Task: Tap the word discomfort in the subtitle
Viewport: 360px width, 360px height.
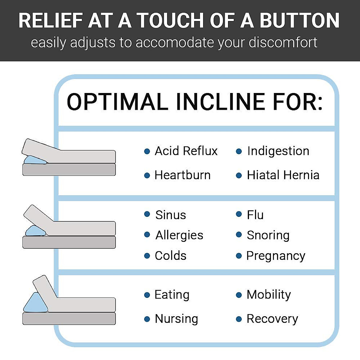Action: click(x=283, y=43)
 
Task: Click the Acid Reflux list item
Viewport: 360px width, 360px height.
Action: click(x=186, y=151)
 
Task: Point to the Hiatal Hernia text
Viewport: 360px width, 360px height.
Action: click(x=283, y=175)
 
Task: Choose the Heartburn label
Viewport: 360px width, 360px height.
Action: click(x=182, y=175)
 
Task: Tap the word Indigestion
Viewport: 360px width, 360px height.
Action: click(x=278, y=151)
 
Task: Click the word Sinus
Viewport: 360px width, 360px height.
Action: click(x=170, y=215)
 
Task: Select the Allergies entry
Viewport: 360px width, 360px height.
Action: click(x=179, y=235)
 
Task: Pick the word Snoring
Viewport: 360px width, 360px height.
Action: click(x=268, y=235)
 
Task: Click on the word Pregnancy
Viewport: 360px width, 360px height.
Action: click(x=276, y=256)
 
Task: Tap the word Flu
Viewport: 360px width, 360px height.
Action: click(x=255, y=215)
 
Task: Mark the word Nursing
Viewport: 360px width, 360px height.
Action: click(x=176, y=319)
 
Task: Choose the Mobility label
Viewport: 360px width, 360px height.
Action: click(x=268, y=295)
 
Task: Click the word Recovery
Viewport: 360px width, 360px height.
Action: click(x=272, y=319)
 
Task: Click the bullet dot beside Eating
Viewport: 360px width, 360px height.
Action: click(x=147, y=295)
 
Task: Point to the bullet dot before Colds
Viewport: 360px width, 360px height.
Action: click(x=147, y=256)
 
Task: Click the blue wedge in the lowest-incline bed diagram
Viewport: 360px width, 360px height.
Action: click(x=35, y=160)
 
